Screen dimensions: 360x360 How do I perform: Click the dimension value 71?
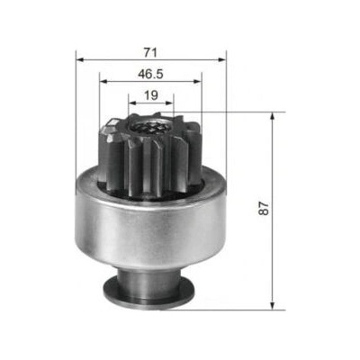150,52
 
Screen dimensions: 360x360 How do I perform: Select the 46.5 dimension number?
150,74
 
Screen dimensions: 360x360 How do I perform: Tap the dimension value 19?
151,95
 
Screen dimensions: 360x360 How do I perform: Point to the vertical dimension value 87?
264,208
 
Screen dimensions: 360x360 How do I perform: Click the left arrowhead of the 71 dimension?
80,60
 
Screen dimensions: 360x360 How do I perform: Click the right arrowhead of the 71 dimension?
222,60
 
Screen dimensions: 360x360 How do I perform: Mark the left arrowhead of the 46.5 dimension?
103,81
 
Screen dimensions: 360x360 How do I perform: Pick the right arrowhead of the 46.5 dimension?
197,81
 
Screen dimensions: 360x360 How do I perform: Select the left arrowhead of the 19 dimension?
132,103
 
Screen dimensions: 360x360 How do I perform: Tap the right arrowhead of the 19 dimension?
169,103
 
